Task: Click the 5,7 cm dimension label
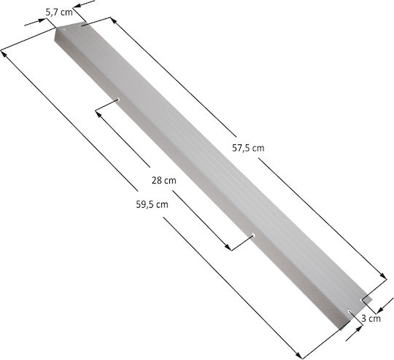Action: point(59,12)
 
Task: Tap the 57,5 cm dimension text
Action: point(248,148)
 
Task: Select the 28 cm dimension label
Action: point(164,180)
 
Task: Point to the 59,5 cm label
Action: point(152,204)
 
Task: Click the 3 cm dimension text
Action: point(371,318)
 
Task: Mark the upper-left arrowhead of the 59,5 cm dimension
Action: point(4,53)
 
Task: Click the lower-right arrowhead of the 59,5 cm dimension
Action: point(298,355)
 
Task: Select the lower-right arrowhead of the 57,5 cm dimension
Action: point(383,275)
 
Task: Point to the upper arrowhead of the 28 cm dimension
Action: point(98,114)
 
